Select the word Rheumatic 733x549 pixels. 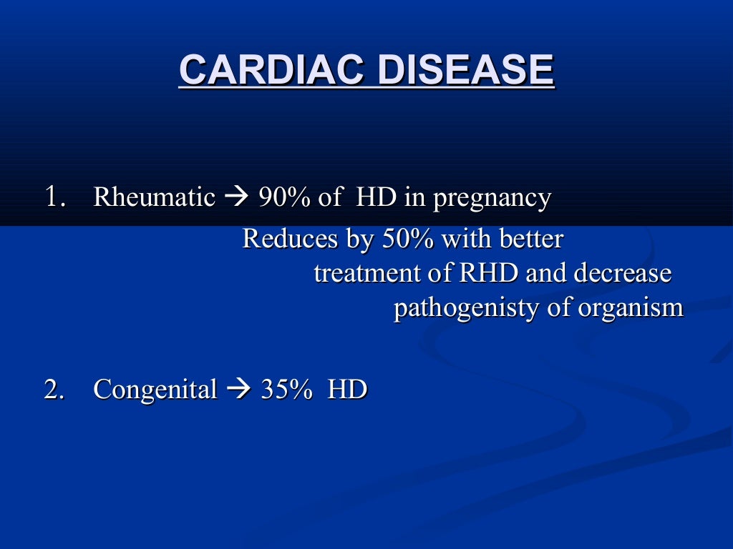point(154,197)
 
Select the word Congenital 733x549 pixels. point(155,390)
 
